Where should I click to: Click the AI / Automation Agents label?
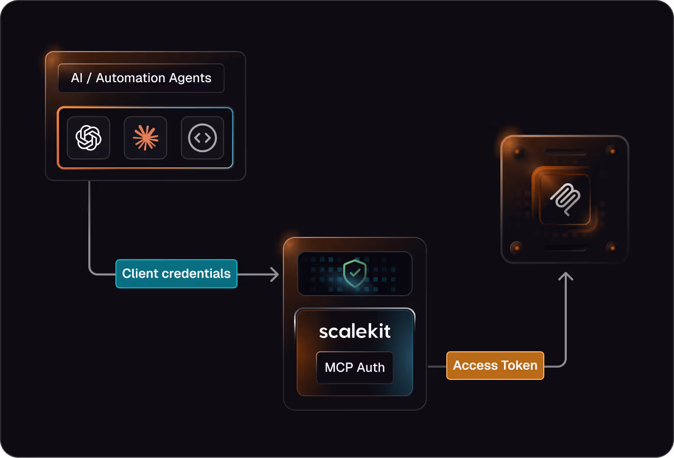[141, 78]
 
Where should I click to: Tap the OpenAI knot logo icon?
[88, 138]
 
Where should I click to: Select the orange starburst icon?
[146, 138]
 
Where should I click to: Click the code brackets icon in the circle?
[203, 138]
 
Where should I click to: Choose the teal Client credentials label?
[176, 274]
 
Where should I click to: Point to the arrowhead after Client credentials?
[275, 275]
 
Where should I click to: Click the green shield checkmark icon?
[355, 273]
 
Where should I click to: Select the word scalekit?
[355, 331]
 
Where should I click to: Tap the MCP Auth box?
[355, 368]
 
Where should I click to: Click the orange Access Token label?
[495, 366]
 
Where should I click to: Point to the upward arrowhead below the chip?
[566, 277]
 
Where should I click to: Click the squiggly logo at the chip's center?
[565, 199]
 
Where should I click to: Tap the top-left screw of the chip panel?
[517, 152]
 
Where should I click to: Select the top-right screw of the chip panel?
[612, 151]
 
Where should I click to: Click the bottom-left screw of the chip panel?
[517, 248]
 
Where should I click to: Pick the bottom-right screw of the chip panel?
[612, 248]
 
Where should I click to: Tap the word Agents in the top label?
[188, 78]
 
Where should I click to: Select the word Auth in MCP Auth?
[371, 368]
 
